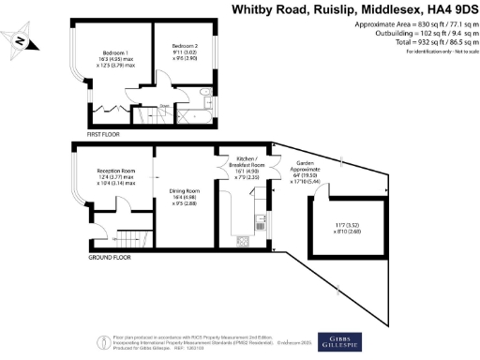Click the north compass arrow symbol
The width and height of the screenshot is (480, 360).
(x=20, y=40)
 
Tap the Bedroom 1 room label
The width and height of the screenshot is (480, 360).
(x=114, y=52)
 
